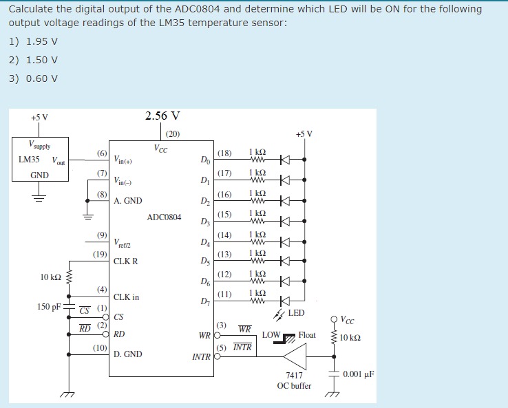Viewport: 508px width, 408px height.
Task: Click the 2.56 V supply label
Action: pos(163,116)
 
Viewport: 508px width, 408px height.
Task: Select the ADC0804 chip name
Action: pos(164,217)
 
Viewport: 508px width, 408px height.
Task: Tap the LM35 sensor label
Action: pos(29,160)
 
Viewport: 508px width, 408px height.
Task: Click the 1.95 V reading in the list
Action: pos(41,41)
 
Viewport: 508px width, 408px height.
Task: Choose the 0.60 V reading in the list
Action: pos(41,78)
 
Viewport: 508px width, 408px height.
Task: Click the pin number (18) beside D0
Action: pos(224,153)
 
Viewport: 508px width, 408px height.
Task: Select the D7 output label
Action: pos(204,301)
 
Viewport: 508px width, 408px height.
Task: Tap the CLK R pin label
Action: pos(126,261)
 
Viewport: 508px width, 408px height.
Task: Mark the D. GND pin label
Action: pos(128,354)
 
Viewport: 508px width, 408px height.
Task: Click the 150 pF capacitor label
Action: pos(49,306)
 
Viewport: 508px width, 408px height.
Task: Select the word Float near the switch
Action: pos(307,335)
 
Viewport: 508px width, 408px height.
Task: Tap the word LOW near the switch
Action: pos(271,335)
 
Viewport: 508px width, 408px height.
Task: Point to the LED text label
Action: pos(296,313)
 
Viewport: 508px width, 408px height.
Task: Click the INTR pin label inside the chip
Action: pos(202,357)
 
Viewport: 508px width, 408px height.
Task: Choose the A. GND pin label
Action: pos(128,201)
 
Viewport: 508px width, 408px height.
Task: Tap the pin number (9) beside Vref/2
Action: pos(101,235)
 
